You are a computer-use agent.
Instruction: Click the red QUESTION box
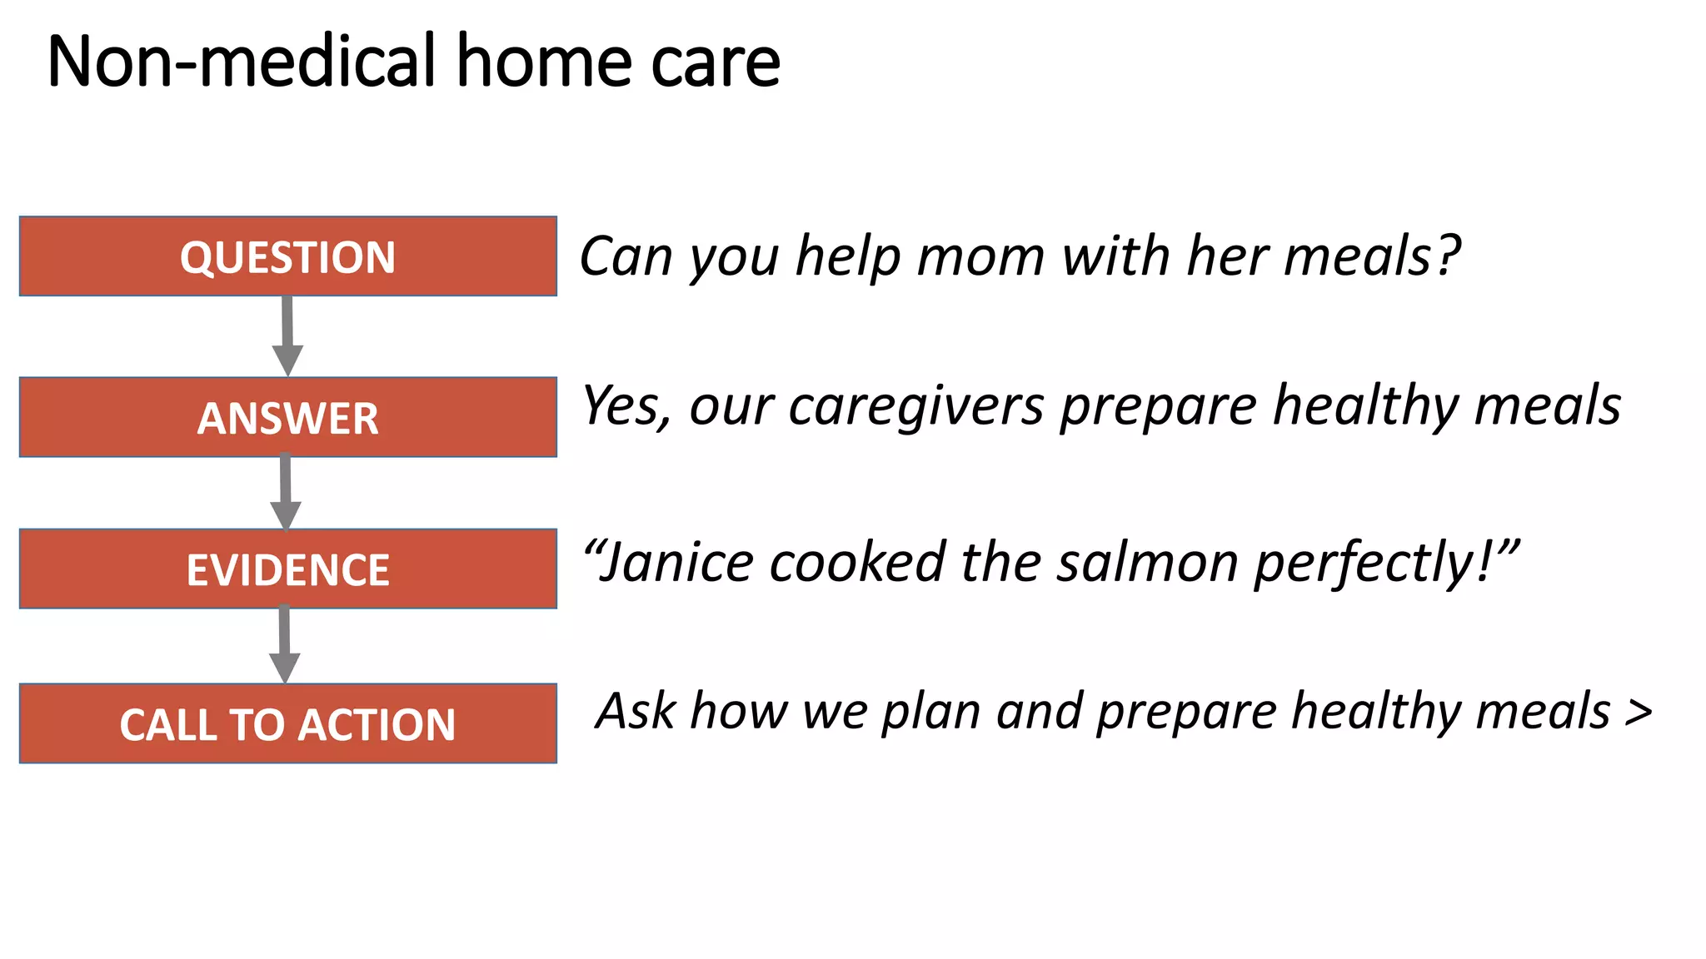287,256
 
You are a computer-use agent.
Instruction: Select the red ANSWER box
287,417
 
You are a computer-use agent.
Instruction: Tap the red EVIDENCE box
287,569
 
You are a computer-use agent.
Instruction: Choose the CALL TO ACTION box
287,723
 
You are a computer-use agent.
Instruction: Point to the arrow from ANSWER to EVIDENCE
286,492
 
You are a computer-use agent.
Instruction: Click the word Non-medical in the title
242,62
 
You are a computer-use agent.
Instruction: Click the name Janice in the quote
676,562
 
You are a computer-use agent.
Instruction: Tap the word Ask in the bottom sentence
636,712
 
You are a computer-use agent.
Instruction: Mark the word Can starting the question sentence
626,256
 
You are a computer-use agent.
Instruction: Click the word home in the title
545,62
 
